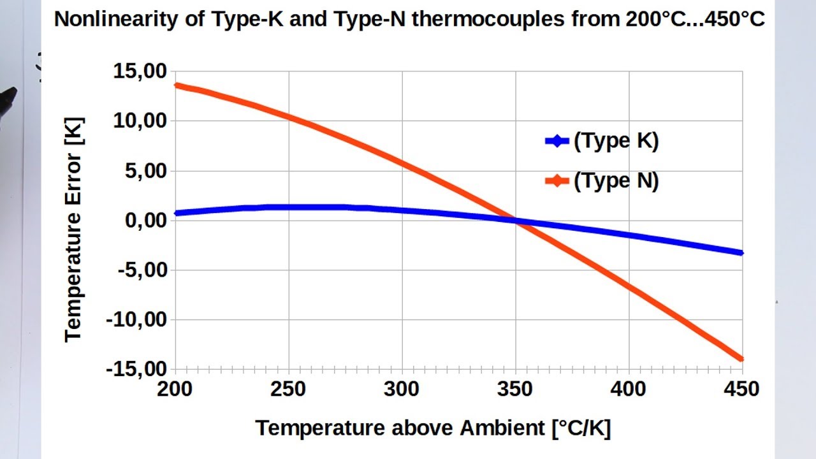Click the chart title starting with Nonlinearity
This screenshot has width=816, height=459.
pyautogui.click(x=409, y=19)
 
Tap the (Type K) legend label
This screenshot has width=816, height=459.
pyautogui.click(x=616, y=141)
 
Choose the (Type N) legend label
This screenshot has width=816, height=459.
pyautogui.click(x=616, y=181)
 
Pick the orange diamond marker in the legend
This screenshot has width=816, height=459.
pyautogui.click(x=557, y=182)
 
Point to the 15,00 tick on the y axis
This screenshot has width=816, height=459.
pyautogui.click(x=140, y=71)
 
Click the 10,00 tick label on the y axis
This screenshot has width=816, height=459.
pyautogui.click(x=140, y=120)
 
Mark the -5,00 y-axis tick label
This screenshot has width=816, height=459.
pyautogui.click(x=142, y=270)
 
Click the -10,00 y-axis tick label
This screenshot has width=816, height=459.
pyautogui.click(x=136, y=319)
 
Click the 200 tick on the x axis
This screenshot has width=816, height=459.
pyautogui.click(x=175, y=388)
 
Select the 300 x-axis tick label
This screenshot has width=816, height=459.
pyautogui.click(x=402, y=388)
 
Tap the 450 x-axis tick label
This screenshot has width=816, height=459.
pyautogui.click(x=742, y=388)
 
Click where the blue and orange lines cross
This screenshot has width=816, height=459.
pyautogui.click(x=516, y=221)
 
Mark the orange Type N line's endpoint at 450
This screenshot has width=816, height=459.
pyautogui.click(x=741, y=359)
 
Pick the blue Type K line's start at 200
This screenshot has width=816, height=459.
pyautogui.click(x=177, y=213)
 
